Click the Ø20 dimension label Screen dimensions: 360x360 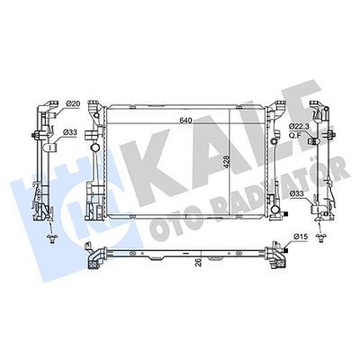click(72, 103)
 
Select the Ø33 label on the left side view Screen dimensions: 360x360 click(70, 131)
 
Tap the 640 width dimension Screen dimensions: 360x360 click(185, 121)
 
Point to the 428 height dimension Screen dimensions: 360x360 click(227, 162)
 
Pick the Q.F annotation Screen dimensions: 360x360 click(294, 134)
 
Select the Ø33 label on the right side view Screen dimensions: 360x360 click(296, 194)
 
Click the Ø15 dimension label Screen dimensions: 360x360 click(301, 237)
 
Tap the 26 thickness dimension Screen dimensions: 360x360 click(198, 263)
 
